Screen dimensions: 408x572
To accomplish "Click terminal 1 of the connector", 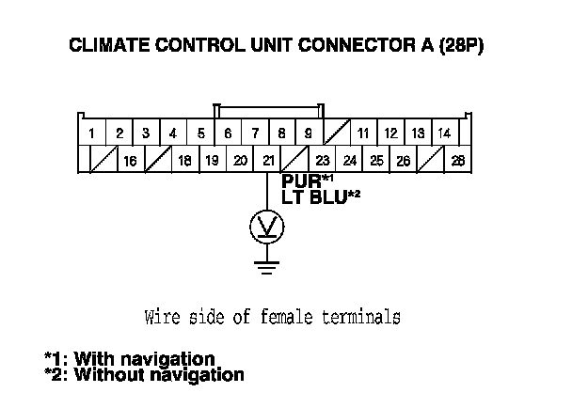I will tap(91, 133).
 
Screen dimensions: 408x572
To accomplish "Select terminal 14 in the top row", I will tap(445, 133).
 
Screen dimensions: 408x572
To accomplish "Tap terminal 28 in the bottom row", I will tap(458, 161).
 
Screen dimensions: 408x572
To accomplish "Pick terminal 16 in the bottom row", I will tap(130, 161).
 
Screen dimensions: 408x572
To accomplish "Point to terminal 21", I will tap(268, 161).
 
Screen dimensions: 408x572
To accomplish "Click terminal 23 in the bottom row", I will tap(323, 161).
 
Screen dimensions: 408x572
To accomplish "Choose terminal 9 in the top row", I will tap(309, 133).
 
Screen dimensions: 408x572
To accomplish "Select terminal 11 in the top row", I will tap(363, 133).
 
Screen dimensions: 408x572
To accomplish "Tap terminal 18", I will tap(184, 161).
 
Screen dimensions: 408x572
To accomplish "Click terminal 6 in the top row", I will tap(228, 133).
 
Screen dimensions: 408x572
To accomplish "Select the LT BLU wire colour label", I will tap(314, 196).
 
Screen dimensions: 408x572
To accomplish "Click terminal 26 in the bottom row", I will tap(404, 161).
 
